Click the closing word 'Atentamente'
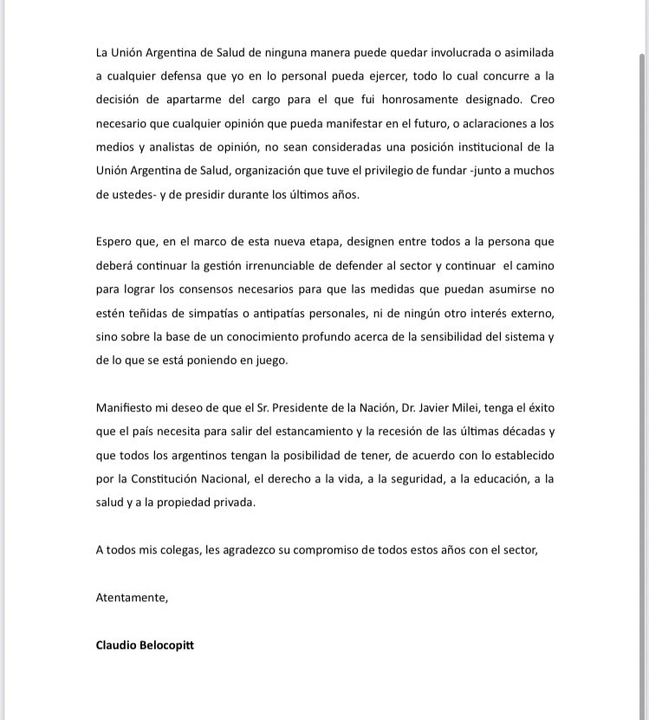pyautogui.click(x=131, y=598)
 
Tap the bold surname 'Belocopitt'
pyautogui.click(x=167, y=645)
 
